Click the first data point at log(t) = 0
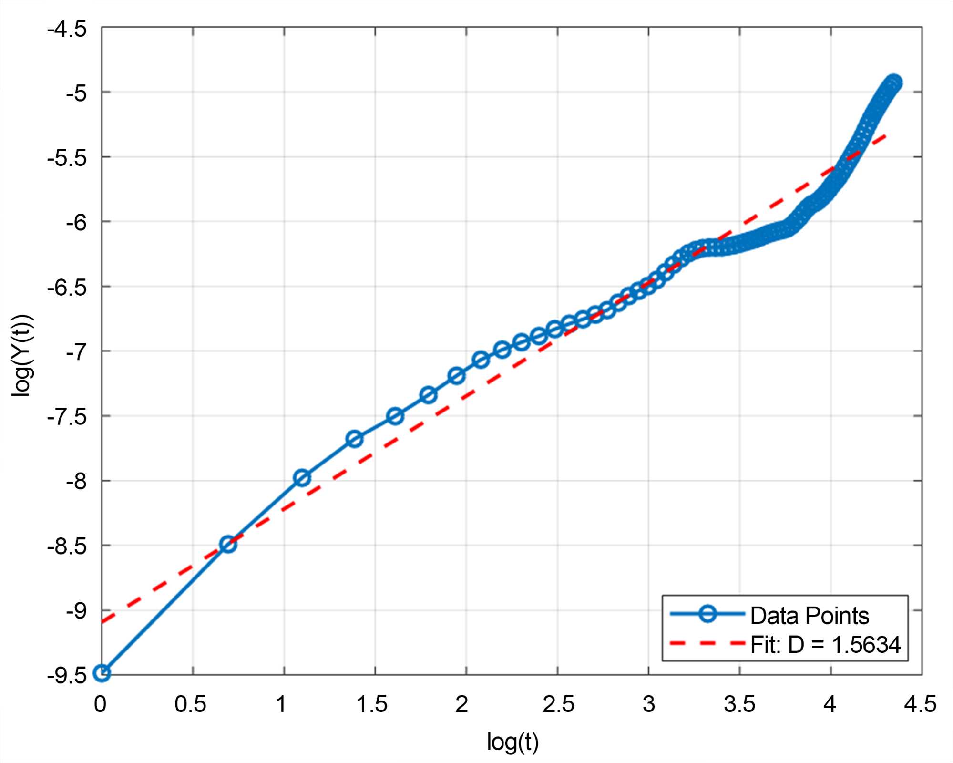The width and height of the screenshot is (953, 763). pyautogui.click(x=102, y=673)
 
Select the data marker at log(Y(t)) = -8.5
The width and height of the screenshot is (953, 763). pyautogui.click(x=228, y=544)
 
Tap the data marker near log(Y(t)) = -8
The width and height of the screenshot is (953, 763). pyautogui.click(x=302, y=477)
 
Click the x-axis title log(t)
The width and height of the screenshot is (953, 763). pyautogui.click(x=512, y=742)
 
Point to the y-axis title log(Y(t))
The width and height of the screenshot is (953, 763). pyautogui.click(x=22, y=355)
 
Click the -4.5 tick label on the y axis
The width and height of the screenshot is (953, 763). pyautogui.click(x=67, y=29)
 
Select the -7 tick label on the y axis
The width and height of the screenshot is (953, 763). pyautogui.click(x=76, y=352)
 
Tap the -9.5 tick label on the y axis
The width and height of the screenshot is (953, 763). pyautogui.click(x=67, y=676)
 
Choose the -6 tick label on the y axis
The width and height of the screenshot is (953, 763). pyautogui.click(x=76, y=223)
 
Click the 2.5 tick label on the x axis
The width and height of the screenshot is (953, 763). pyautogui.click(x=558, y=704)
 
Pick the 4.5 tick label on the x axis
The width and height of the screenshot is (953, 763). pyautogui.click(x=921, y=704)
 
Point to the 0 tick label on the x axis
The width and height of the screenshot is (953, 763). pyautogui.click(x=100, y=704)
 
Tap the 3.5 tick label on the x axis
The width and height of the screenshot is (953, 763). pyautogui.click(x=739, y=704)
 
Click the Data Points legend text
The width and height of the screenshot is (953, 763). pyautogui.click(x=810, y=616)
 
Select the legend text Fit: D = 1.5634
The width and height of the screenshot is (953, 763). pyautogui.click(x=825, y=645)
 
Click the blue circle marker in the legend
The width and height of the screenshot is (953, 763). pyautogui.click(x=707, y=614)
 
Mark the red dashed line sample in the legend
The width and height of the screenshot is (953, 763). pyautogui.click(x=707, y=643)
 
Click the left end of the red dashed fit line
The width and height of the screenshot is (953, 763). pyautogui.click(x=103, y=622)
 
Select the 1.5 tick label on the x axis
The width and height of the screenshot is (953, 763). pyautogui.click(x=372, y=704)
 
